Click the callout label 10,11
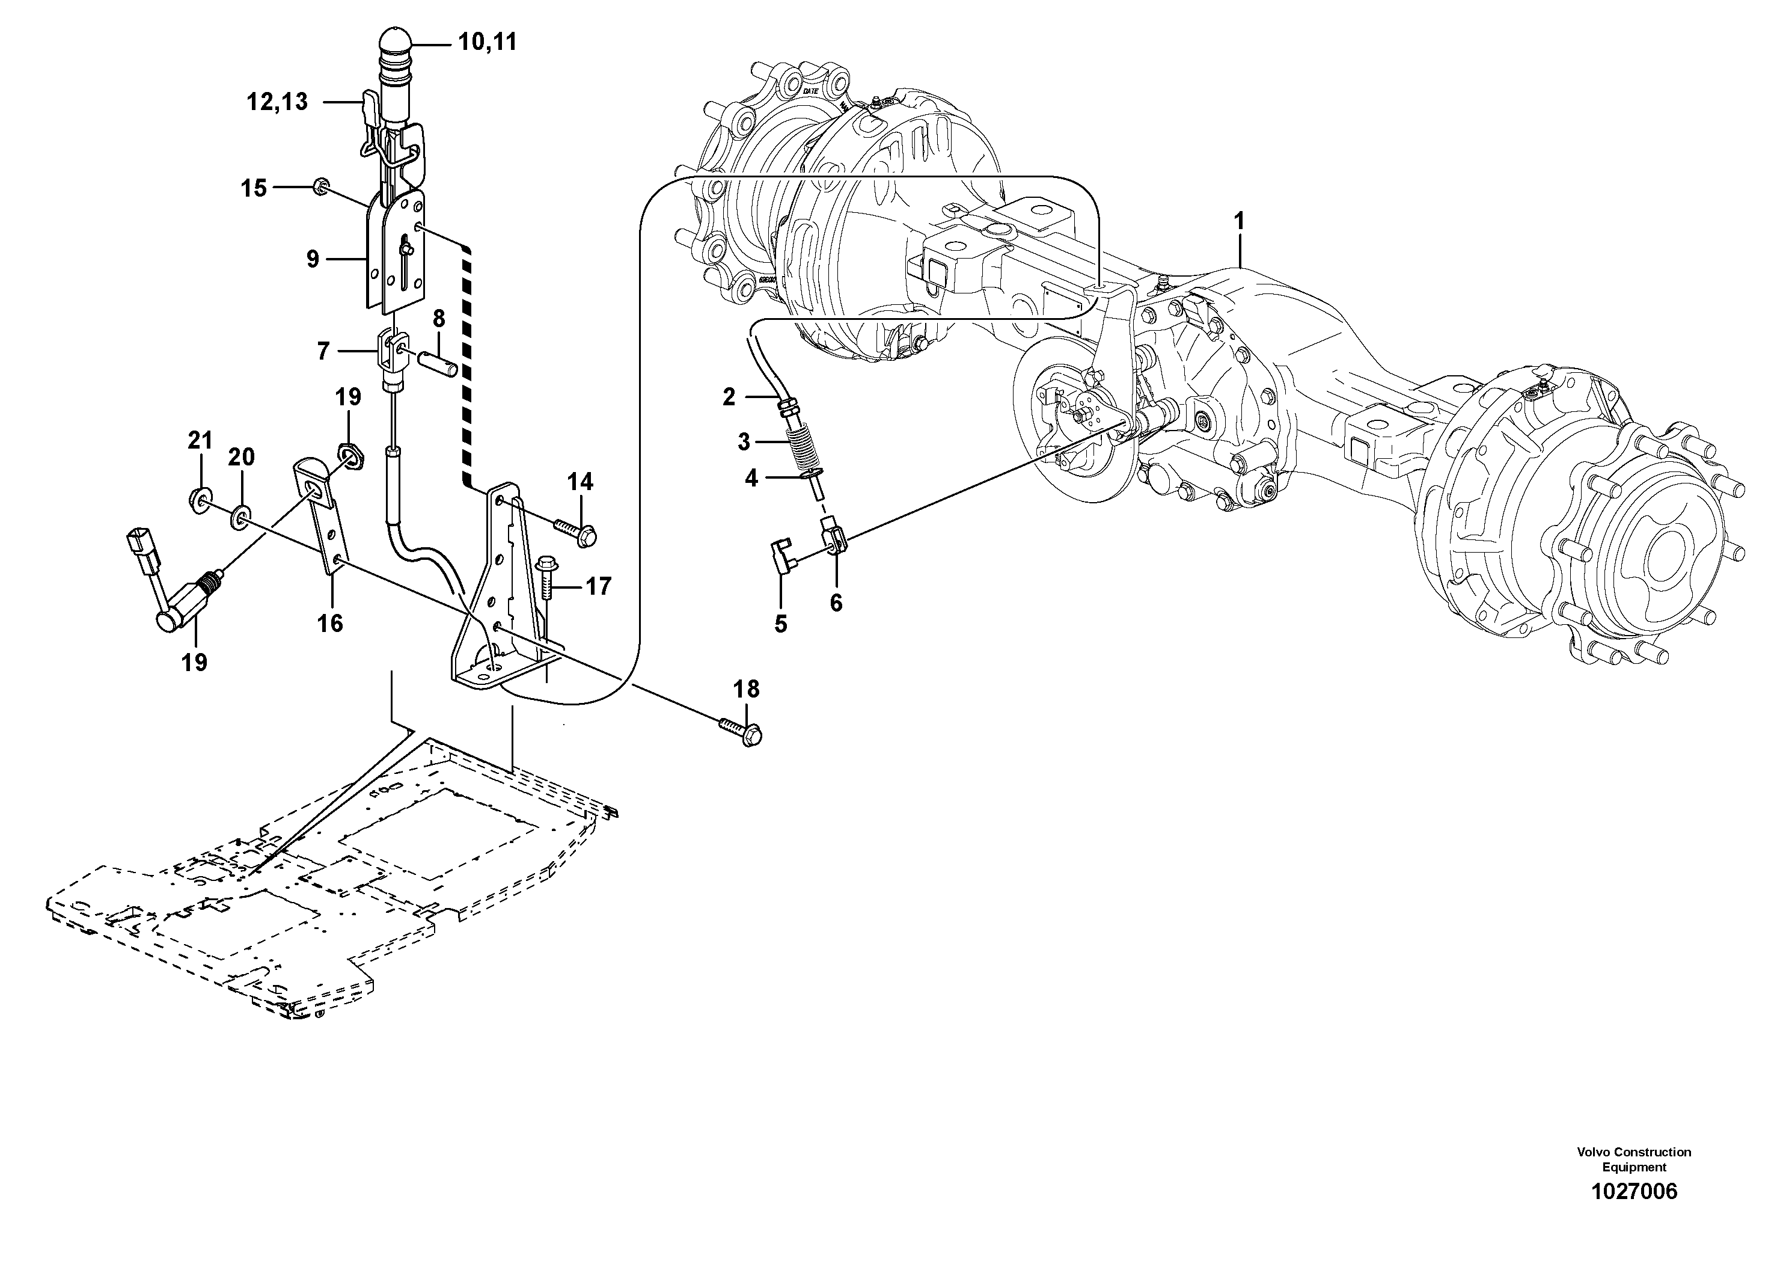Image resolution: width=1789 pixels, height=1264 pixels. pos(487,42)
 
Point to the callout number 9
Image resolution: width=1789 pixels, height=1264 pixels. pos(313,259)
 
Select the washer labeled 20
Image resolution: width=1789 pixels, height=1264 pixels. pos(241,516)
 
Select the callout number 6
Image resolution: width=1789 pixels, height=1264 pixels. pos(836,603)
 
